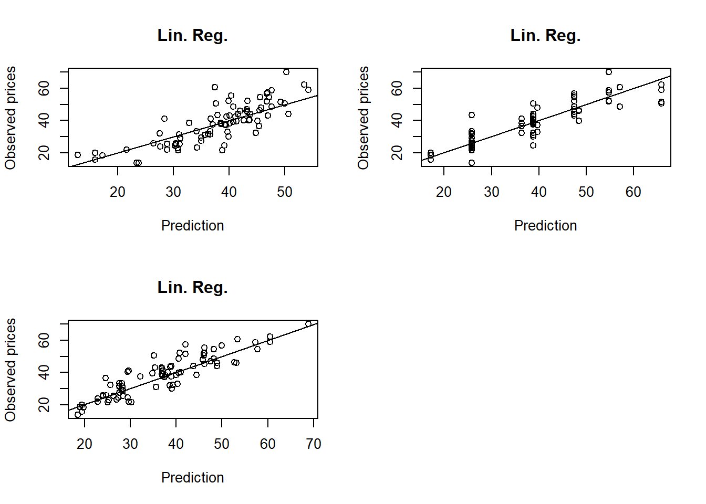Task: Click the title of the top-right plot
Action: point(545,36)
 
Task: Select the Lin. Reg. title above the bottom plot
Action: point(192,288)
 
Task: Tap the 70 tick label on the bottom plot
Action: point(314,444)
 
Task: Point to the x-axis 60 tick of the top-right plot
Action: point(634,192)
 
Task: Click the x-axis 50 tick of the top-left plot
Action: point(285,192)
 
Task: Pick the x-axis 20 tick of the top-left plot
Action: point(118,192)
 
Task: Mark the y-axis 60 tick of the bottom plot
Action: point(44,340)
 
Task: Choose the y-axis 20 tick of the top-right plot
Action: point(397,153)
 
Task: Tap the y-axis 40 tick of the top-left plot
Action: point(44,120)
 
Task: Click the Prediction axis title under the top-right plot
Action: point(545,226)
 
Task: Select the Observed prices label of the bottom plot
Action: point(11,370)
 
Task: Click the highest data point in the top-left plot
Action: point(286,72)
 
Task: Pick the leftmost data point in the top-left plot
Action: point(78,155)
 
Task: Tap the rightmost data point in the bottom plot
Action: point(308,324)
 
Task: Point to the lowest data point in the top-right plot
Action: point(472,163)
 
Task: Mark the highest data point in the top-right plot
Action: point(609,72)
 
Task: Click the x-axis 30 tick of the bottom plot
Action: point(130,444)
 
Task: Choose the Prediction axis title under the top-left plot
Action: point(192,226)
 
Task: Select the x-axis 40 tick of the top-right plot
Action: point(539,192)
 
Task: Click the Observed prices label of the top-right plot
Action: point(364,118)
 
